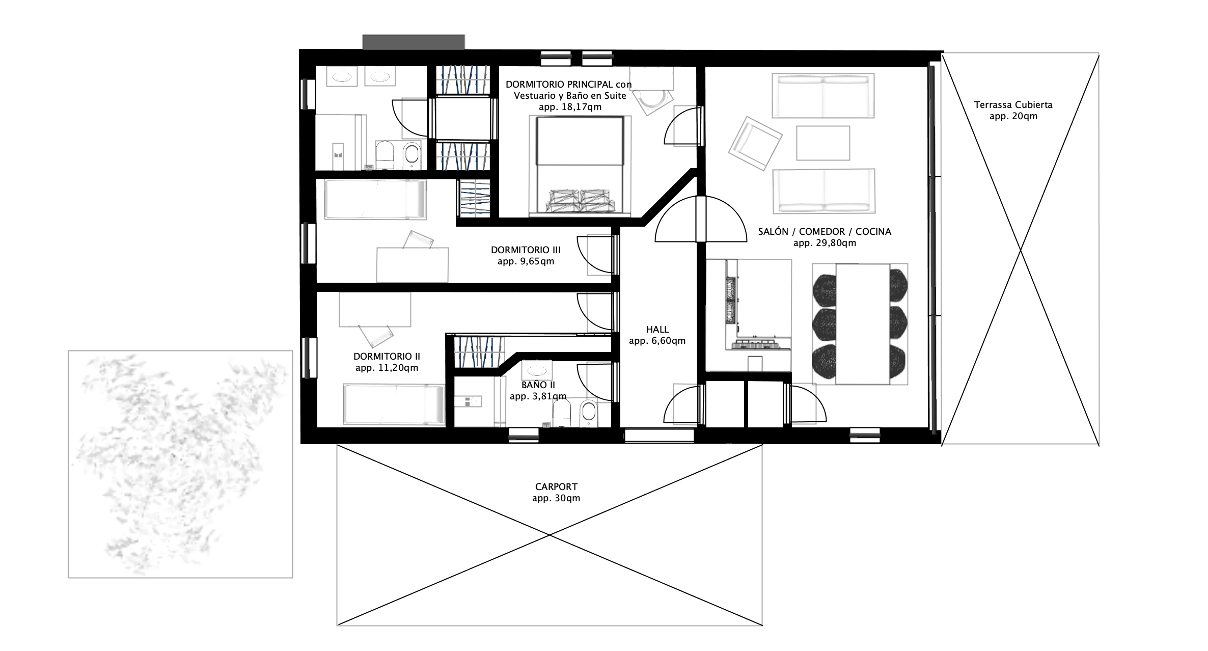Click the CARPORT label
[556, 487]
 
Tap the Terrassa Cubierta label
[1013, 105]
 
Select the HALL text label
[657, 330]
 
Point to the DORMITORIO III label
[526, 250]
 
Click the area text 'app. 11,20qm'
[387, 368]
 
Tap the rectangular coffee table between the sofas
[823, 143]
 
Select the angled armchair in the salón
[755, 144]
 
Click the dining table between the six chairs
[863, 323]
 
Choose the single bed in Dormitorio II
[394, 404]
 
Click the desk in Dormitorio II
[375, 312]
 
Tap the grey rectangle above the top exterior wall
[414, 42]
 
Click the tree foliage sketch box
[180, 464]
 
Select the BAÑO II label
[538, 385]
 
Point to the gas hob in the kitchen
[761, 345]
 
